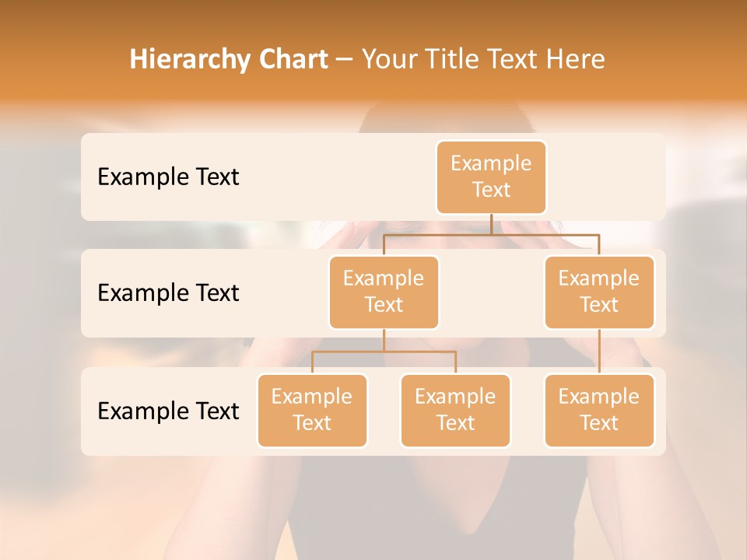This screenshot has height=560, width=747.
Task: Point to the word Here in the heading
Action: click(577, 60)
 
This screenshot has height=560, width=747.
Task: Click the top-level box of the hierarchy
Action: click(491, 177)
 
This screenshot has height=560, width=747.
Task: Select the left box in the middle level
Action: click(384, 292)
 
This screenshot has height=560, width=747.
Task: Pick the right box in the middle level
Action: click(599, 292)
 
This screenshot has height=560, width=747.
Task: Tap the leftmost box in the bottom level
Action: click(312, 410)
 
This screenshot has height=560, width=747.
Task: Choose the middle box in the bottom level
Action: click(455, 410)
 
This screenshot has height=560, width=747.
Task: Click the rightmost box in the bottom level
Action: click(599, 410)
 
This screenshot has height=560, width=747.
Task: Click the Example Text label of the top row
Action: click(168, 177)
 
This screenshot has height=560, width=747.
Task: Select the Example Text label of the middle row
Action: click(168, 293)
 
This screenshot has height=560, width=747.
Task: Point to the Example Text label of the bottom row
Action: click(168, 411)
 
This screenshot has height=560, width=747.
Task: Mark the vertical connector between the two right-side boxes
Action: click(599, 352)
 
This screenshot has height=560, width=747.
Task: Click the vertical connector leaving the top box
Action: click(491, 224)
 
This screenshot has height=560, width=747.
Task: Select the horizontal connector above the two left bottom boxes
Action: click(384, 352)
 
